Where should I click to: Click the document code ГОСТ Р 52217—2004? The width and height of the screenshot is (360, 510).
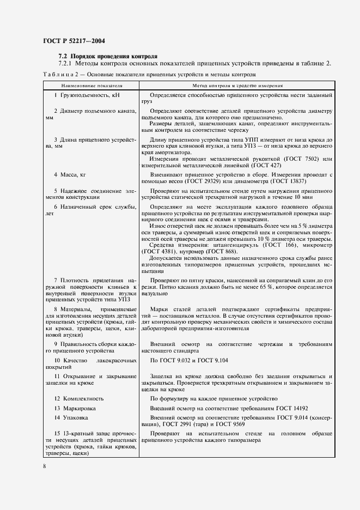point(74,40)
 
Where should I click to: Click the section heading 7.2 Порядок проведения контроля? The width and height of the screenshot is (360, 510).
point(108,56)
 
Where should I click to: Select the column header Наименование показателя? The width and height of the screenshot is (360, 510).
point(91,86)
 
